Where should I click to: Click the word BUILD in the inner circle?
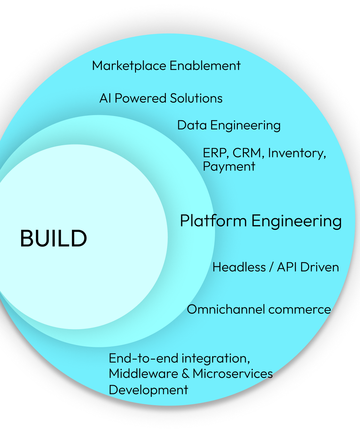point(53,239)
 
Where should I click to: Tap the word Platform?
point(213,221)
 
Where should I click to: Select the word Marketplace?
point(129,66)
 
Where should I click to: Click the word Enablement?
point(205,66)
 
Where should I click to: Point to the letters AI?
point(105,98)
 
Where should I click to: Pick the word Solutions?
point(196,98)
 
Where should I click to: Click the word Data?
point(192,125)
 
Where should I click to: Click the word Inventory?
point(297,153)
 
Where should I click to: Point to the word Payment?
point(229,167)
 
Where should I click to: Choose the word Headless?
point(239,267)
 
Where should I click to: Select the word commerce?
point(300,310)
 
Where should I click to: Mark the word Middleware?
point(143,374)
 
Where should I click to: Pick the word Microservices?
point(233,374)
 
